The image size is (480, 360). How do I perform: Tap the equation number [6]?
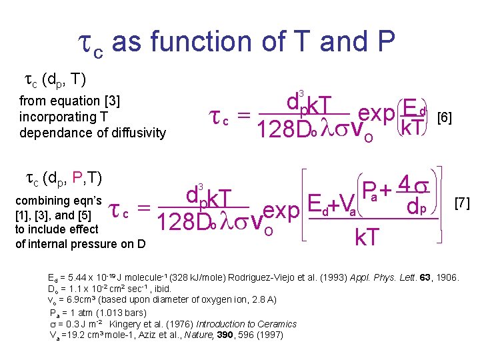click(x=443, y=118)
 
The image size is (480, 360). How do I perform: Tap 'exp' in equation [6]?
click(x=377, y=114)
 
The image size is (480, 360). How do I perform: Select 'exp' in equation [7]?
click(x=281, y=211)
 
